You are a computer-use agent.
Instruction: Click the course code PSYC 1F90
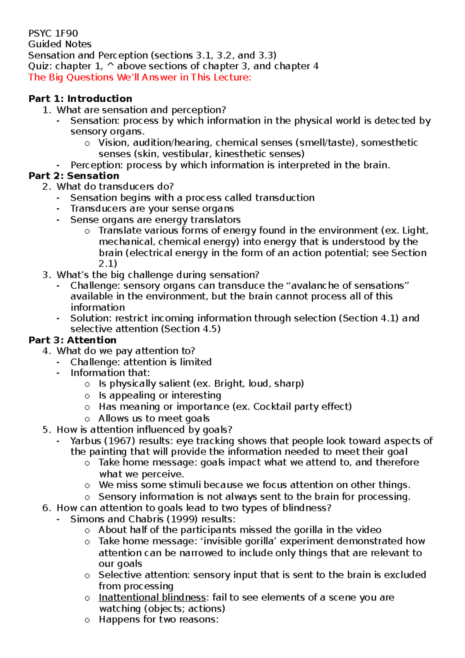[x=53, y=33]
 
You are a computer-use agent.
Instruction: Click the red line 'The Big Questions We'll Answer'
[x=139, y=77]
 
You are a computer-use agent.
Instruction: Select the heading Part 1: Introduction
[x=80, y=98]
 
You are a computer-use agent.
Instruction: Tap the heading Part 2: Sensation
[x=74, y=176]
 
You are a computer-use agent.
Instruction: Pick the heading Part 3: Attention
[x=72, y=340]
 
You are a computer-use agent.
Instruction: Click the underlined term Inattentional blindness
[x=152, y=597]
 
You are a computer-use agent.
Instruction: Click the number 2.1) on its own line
[x=108, y=264]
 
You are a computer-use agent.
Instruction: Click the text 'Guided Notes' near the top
[x=60, y=44]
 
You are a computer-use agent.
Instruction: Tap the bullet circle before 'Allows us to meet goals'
[x=87, y=419]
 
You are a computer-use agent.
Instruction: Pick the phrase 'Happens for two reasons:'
[x=158, y=619]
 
